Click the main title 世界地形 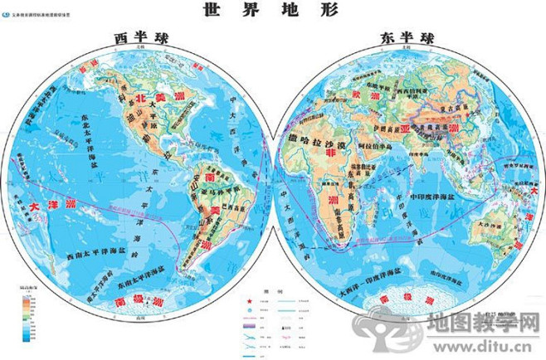tap(272, 12)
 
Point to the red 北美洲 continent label tap(157, 99)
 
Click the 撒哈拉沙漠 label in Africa tap(318, 139)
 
